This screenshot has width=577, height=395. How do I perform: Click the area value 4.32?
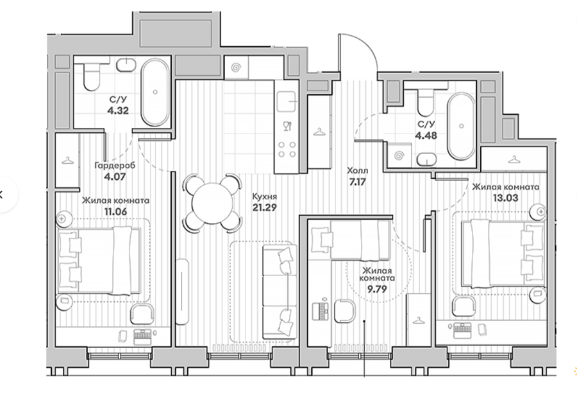pyautogui.click(x=118, y=110)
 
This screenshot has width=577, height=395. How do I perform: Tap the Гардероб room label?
pyautogui.click(x=115, y=165)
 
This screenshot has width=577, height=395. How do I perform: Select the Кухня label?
pyautogui.click(x=264, y=197)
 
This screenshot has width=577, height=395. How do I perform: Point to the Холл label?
pyautogui.click(x=357, y=171)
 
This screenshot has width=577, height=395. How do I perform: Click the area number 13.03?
pyautogui.click(x=505, y=198)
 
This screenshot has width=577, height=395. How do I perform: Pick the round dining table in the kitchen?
pyautogui.click(x=213, y=202)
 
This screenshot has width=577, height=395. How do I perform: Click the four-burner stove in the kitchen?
pyautogui.click(x=287, y=150)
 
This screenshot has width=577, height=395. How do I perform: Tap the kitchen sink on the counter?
pyautogui.click(x=287, y=101)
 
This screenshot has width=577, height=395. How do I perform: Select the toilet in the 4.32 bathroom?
pyautogui.click(x=91, y=76)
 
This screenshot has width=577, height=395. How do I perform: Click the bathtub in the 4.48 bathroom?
pyautogui.click(x=461, y=126)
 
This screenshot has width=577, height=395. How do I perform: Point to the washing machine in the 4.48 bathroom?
pyautogui.click(x=399, y=155)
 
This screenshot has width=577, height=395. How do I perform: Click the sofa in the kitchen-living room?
pyautogui.click(x=280, y=292)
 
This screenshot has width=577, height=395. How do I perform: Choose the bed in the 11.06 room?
pyautogui.click(x=99, y=260)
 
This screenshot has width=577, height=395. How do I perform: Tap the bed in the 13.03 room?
pyautogui.click(x=503, y=253)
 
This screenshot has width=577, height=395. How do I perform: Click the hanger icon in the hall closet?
pyautogui.click(x=319, y=132)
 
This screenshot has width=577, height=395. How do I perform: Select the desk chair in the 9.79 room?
pyautogui.click(x=345, y=311)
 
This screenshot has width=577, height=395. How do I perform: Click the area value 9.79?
pyautogui.click(x=377, y=289)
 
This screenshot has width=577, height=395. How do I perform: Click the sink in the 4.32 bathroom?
pyautogui.click(x=126, y=65)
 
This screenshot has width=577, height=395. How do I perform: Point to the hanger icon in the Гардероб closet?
pyautogui.click(x=67, y=161)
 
